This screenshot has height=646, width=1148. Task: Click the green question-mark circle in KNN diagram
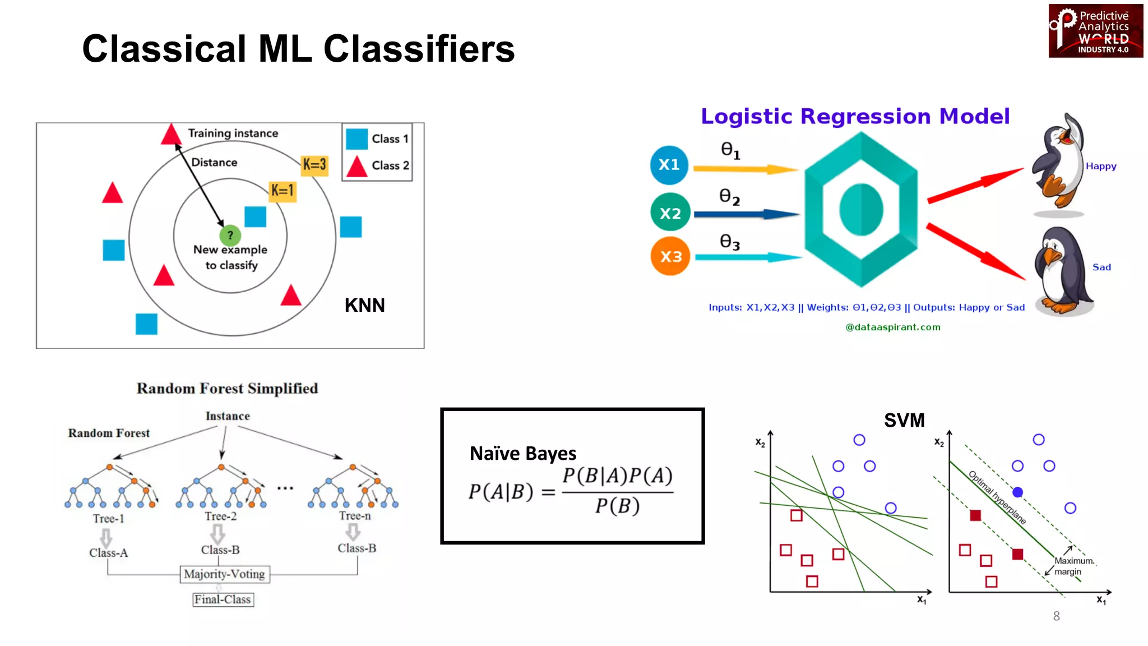tap(230, 235)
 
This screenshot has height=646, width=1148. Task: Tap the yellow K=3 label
tap(314, 164)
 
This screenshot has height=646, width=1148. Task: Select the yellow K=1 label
tap(283, 191)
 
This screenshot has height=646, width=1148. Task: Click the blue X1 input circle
tap(669, 164)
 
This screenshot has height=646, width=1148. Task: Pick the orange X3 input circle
tap(670, 256)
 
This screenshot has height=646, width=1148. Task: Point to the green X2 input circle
tap(670, 213)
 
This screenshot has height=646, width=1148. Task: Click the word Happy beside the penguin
tap(1100, 166)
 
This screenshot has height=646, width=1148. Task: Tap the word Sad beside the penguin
tap(1101, 267)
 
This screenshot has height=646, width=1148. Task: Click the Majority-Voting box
tap(224, 574)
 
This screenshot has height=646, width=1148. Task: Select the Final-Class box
tap(223, 599)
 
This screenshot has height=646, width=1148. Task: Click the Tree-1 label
tap(108, 519)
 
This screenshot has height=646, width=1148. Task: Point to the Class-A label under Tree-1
tap(108, 553)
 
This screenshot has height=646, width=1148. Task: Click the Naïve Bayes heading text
tap(522, 453)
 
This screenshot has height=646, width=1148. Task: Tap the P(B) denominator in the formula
tap(617, 506)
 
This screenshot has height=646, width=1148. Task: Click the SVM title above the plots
tap(904, 420)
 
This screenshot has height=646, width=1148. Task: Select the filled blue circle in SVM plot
tap(1017, 492)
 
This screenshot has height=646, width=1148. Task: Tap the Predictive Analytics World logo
tap(1095, 31)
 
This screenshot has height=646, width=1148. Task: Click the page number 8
tap(1056, 616)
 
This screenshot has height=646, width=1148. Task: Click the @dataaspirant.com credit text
tap(892, 327)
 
